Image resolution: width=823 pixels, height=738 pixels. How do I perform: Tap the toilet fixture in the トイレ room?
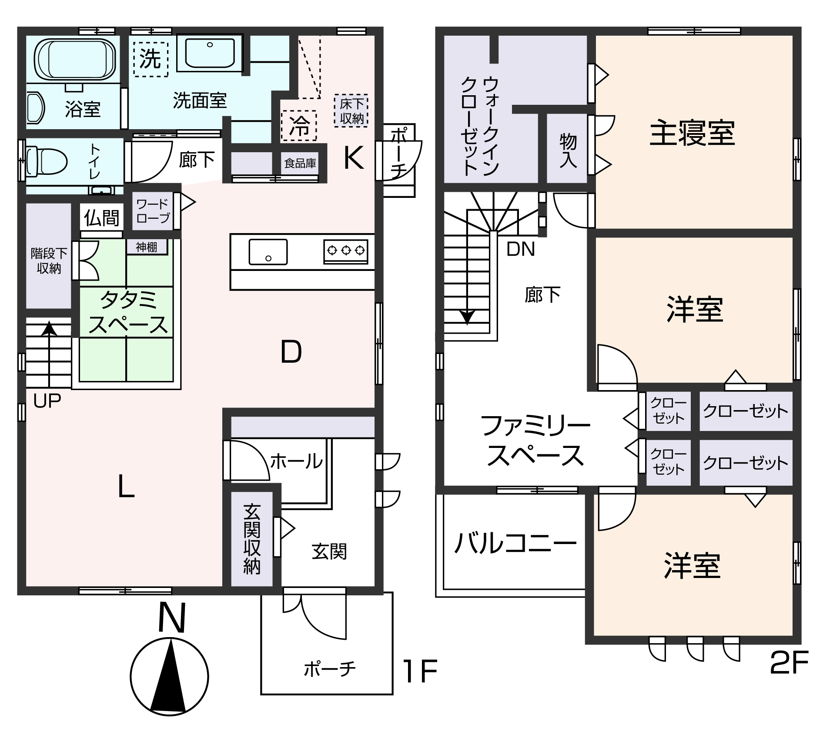[46, 161]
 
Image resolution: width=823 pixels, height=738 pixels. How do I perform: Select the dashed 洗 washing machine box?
[151, 59]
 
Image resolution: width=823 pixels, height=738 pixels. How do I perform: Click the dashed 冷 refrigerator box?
[299, 126]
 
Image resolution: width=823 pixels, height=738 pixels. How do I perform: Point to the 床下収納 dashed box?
[351, 110]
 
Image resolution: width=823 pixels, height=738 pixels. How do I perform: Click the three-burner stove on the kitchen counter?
[346, 251]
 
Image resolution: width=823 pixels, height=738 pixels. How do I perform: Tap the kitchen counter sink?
[268, 252]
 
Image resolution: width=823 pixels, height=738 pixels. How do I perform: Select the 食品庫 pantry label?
[300, 163]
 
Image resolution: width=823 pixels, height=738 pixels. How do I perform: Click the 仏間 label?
[101, 217]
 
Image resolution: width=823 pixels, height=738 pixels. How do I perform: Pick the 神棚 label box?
[147, 247]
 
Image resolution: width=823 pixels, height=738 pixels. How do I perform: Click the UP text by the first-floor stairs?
[47, 401]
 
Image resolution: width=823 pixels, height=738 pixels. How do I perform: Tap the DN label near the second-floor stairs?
[520, 249]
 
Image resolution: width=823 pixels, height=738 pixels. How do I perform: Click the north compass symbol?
[170, 676]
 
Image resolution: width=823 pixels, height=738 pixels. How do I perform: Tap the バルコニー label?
[515, 544]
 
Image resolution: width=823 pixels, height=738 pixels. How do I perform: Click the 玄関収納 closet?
[252, 539]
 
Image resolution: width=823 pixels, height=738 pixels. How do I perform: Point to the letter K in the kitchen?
[353, 158]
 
